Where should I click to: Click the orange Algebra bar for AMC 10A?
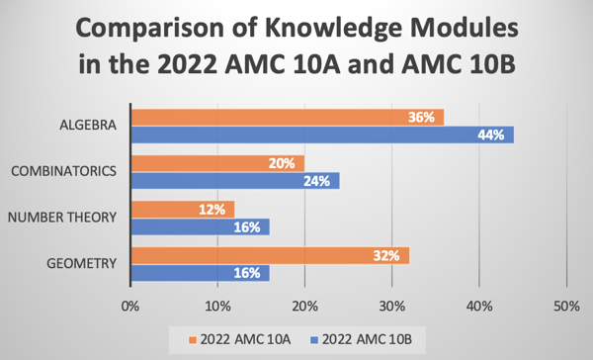[287, 118]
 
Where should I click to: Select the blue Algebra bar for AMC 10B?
[321, 135]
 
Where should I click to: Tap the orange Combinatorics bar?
[216, 163]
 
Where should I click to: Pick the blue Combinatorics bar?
[234, 181]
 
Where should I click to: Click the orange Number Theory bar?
[182, 209]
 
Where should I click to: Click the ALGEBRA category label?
[87, 127]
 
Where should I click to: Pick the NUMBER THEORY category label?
[62, 218]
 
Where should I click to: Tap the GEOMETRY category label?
[83, 263]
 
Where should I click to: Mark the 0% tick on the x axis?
[129, 306]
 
